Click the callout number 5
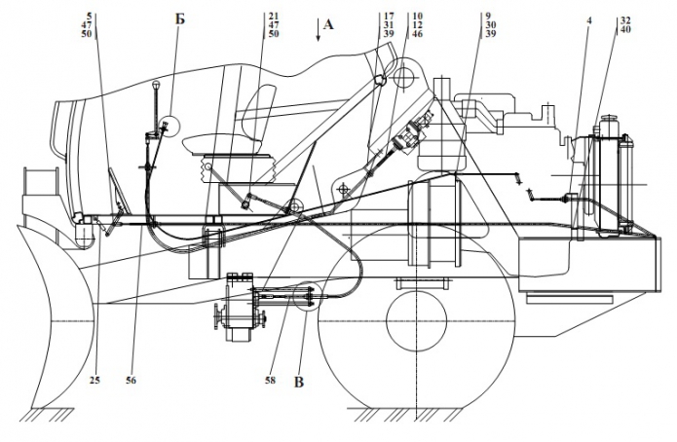tap(90, 17)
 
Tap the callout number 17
tap(389, 17)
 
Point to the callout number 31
tap(389, 25)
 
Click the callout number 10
tap(417, 17)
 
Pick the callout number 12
tap(417, 25)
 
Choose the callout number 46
tap(417, 34)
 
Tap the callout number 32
tap(624, 18)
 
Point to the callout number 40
tap(624, 28)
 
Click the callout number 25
tap(94, 380)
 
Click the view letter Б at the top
tap(179, 18)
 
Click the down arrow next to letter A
tap(317, 32)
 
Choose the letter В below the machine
tap(299, 383)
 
